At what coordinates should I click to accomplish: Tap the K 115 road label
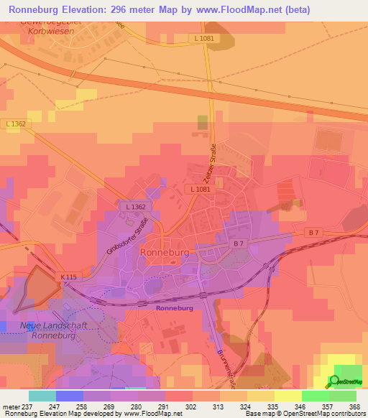[x=69, y=276]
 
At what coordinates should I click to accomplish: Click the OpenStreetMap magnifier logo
[x=336, y=381]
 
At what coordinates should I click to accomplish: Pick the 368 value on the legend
[x=354, y=407]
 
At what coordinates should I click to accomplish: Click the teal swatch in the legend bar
[x=42, y=396]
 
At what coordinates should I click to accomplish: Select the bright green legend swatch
[x=315, y=396]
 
